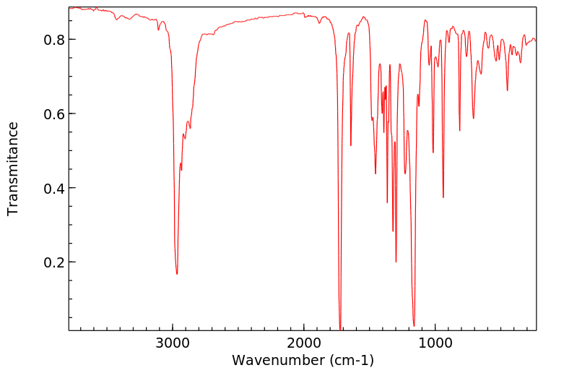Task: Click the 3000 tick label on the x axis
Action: (x=173, y=343)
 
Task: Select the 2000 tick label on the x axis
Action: (x=303, y=343)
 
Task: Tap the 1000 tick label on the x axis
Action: (x=435, y=343)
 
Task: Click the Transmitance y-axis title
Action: (x=13, y=168)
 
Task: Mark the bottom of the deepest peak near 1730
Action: (x=340, y=329)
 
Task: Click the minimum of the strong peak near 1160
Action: (x=414, y=325)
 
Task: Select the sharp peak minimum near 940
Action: (x=443, y=197)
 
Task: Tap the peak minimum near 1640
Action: (x=351, y=145)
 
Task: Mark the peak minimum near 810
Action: (x=460, y=131)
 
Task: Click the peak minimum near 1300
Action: (x=396, y=262)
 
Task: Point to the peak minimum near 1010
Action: (x=433, y=152)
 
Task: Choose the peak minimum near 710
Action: (x=473, y=118)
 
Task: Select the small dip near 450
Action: (x=507, y=90)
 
